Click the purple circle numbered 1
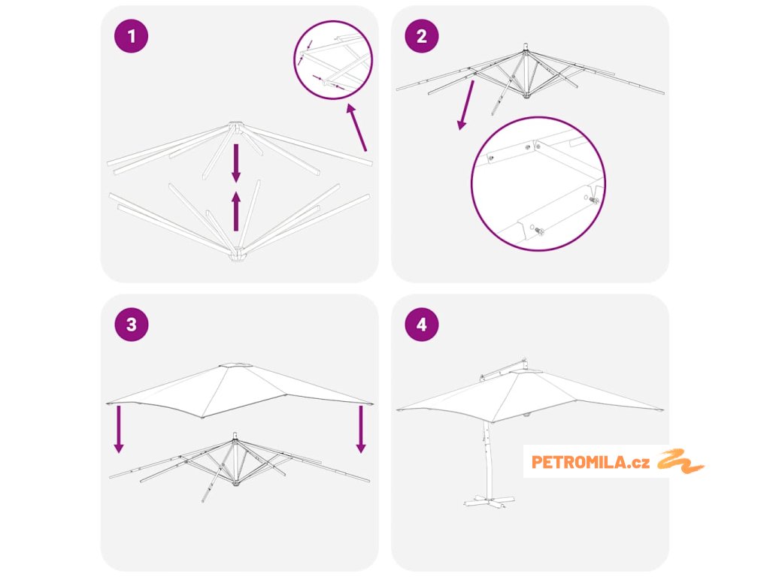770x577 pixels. tap(131, 36)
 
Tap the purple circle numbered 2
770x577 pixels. tap(421, 36)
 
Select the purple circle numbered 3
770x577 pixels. tap(131, 325)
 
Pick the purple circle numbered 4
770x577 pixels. tap(421, 325)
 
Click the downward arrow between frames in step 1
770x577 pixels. tap(236, 163)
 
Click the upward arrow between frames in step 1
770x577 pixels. tap(236, 211)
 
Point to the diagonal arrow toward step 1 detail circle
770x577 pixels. tap(356, 127)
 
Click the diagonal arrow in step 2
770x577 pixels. tap(465, 105)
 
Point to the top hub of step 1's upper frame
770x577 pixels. tap(235, 126)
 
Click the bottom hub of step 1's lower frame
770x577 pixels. tap(238, 255)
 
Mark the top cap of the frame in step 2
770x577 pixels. tap(526, 47)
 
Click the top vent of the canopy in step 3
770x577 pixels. tap(236, 365)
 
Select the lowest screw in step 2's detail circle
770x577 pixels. tap(538, 231)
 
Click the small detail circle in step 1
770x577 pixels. tap(333, 60)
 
